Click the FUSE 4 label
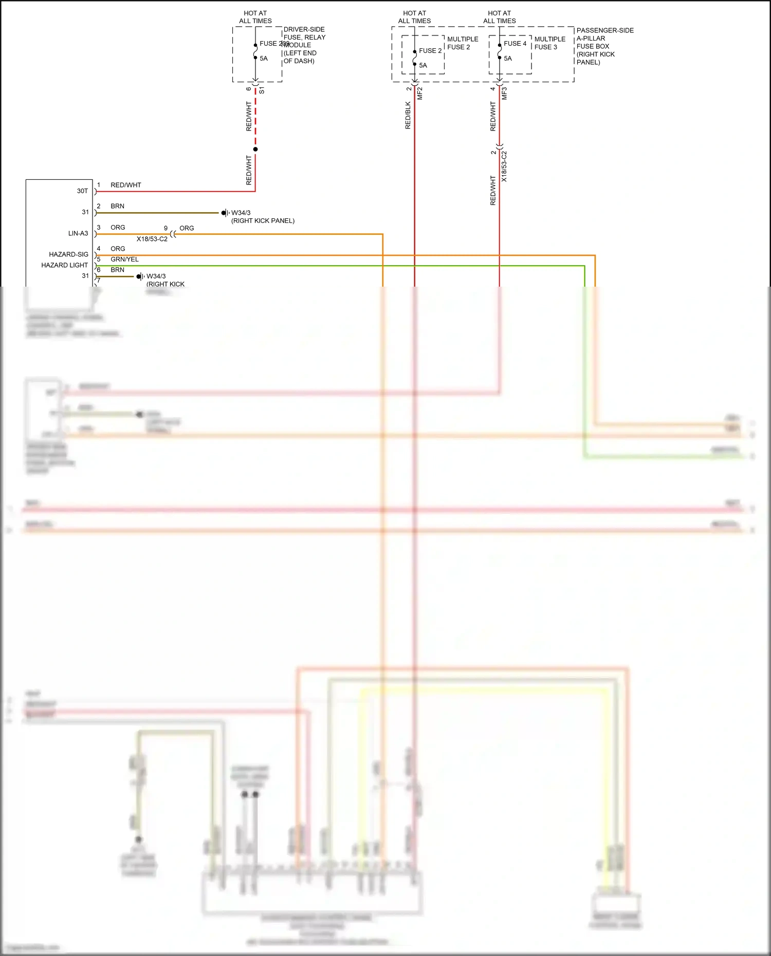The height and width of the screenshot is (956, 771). [515, 44]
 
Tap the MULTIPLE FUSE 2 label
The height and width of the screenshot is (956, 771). [462, 43]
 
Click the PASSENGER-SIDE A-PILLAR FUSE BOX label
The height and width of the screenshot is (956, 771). [604, 46]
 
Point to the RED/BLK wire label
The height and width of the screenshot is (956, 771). [408, 115]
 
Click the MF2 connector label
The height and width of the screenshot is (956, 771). [420, 93]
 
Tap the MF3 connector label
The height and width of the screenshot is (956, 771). [505, 93]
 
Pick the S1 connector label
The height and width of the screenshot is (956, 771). [262, 90]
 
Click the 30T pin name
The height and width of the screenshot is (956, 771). [82, 191]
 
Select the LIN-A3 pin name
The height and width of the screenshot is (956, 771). [78, 233]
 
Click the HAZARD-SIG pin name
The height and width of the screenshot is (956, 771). [68, 254]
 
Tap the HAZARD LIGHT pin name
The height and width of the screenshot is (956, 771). [64, 265]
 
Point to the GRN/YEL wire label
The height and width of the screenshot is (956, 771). [124, 259]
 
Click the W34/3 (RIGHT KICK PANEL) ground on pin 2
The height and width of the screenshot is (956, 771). [262, 217]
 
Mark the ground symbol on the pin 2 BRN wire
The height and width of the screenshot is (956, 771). [225, 213]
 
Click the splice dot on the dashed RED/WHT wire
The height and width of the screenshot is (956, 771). [255, 149]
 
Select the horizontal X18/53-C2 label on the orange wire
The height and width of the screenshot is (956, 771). [152, 239]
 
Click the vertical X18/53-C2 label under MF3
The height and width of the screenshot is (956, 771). [504, 166]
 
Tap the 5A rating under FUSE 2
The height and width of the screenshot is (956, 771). [423, 65]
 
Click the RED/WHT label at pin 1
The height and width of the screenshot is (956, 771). [125, 185]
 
